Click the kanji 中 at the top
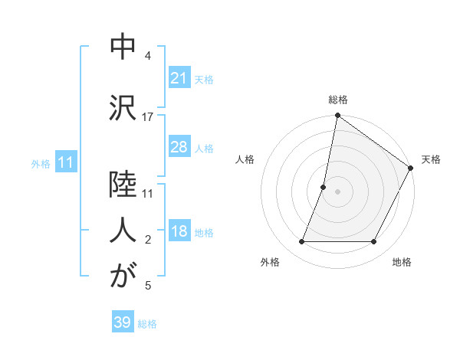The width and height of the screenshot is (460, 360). [x=123, y=47]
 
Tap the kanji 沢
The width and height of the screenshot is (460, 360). [x=123, y=106]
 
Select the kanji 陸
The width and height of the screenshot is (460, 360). [x=123, y=186]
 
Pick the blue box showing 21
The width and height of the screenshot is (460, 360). [x=179, y=77]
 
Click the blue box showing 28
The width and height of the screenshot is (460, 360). [x=179, y=147]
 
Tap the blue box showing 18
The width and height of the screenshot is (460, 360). [x=179, y=232]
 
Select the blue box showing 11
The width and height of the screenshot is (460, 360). [x=66, y=162]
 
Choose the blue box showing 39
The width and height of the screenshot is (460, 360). [x=122, y=322]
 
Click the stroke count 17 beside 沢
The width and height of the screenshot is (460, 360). [x=148, y=116]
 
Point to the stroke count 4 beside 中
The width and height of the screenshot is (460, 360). [x=148, y=56]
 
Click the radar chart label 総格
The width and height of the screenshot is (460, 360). [x=337, y=100]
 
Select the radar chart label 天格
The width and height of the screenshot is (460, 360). [x=431, y=159]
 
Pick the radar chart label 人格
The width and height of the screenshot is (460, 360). [x=245, y=159]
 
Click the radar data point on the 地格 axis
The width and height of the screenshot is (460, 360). [x=374, y=242]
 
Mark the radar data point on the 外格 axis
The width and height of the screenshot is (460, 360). [x=301, y=242]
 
